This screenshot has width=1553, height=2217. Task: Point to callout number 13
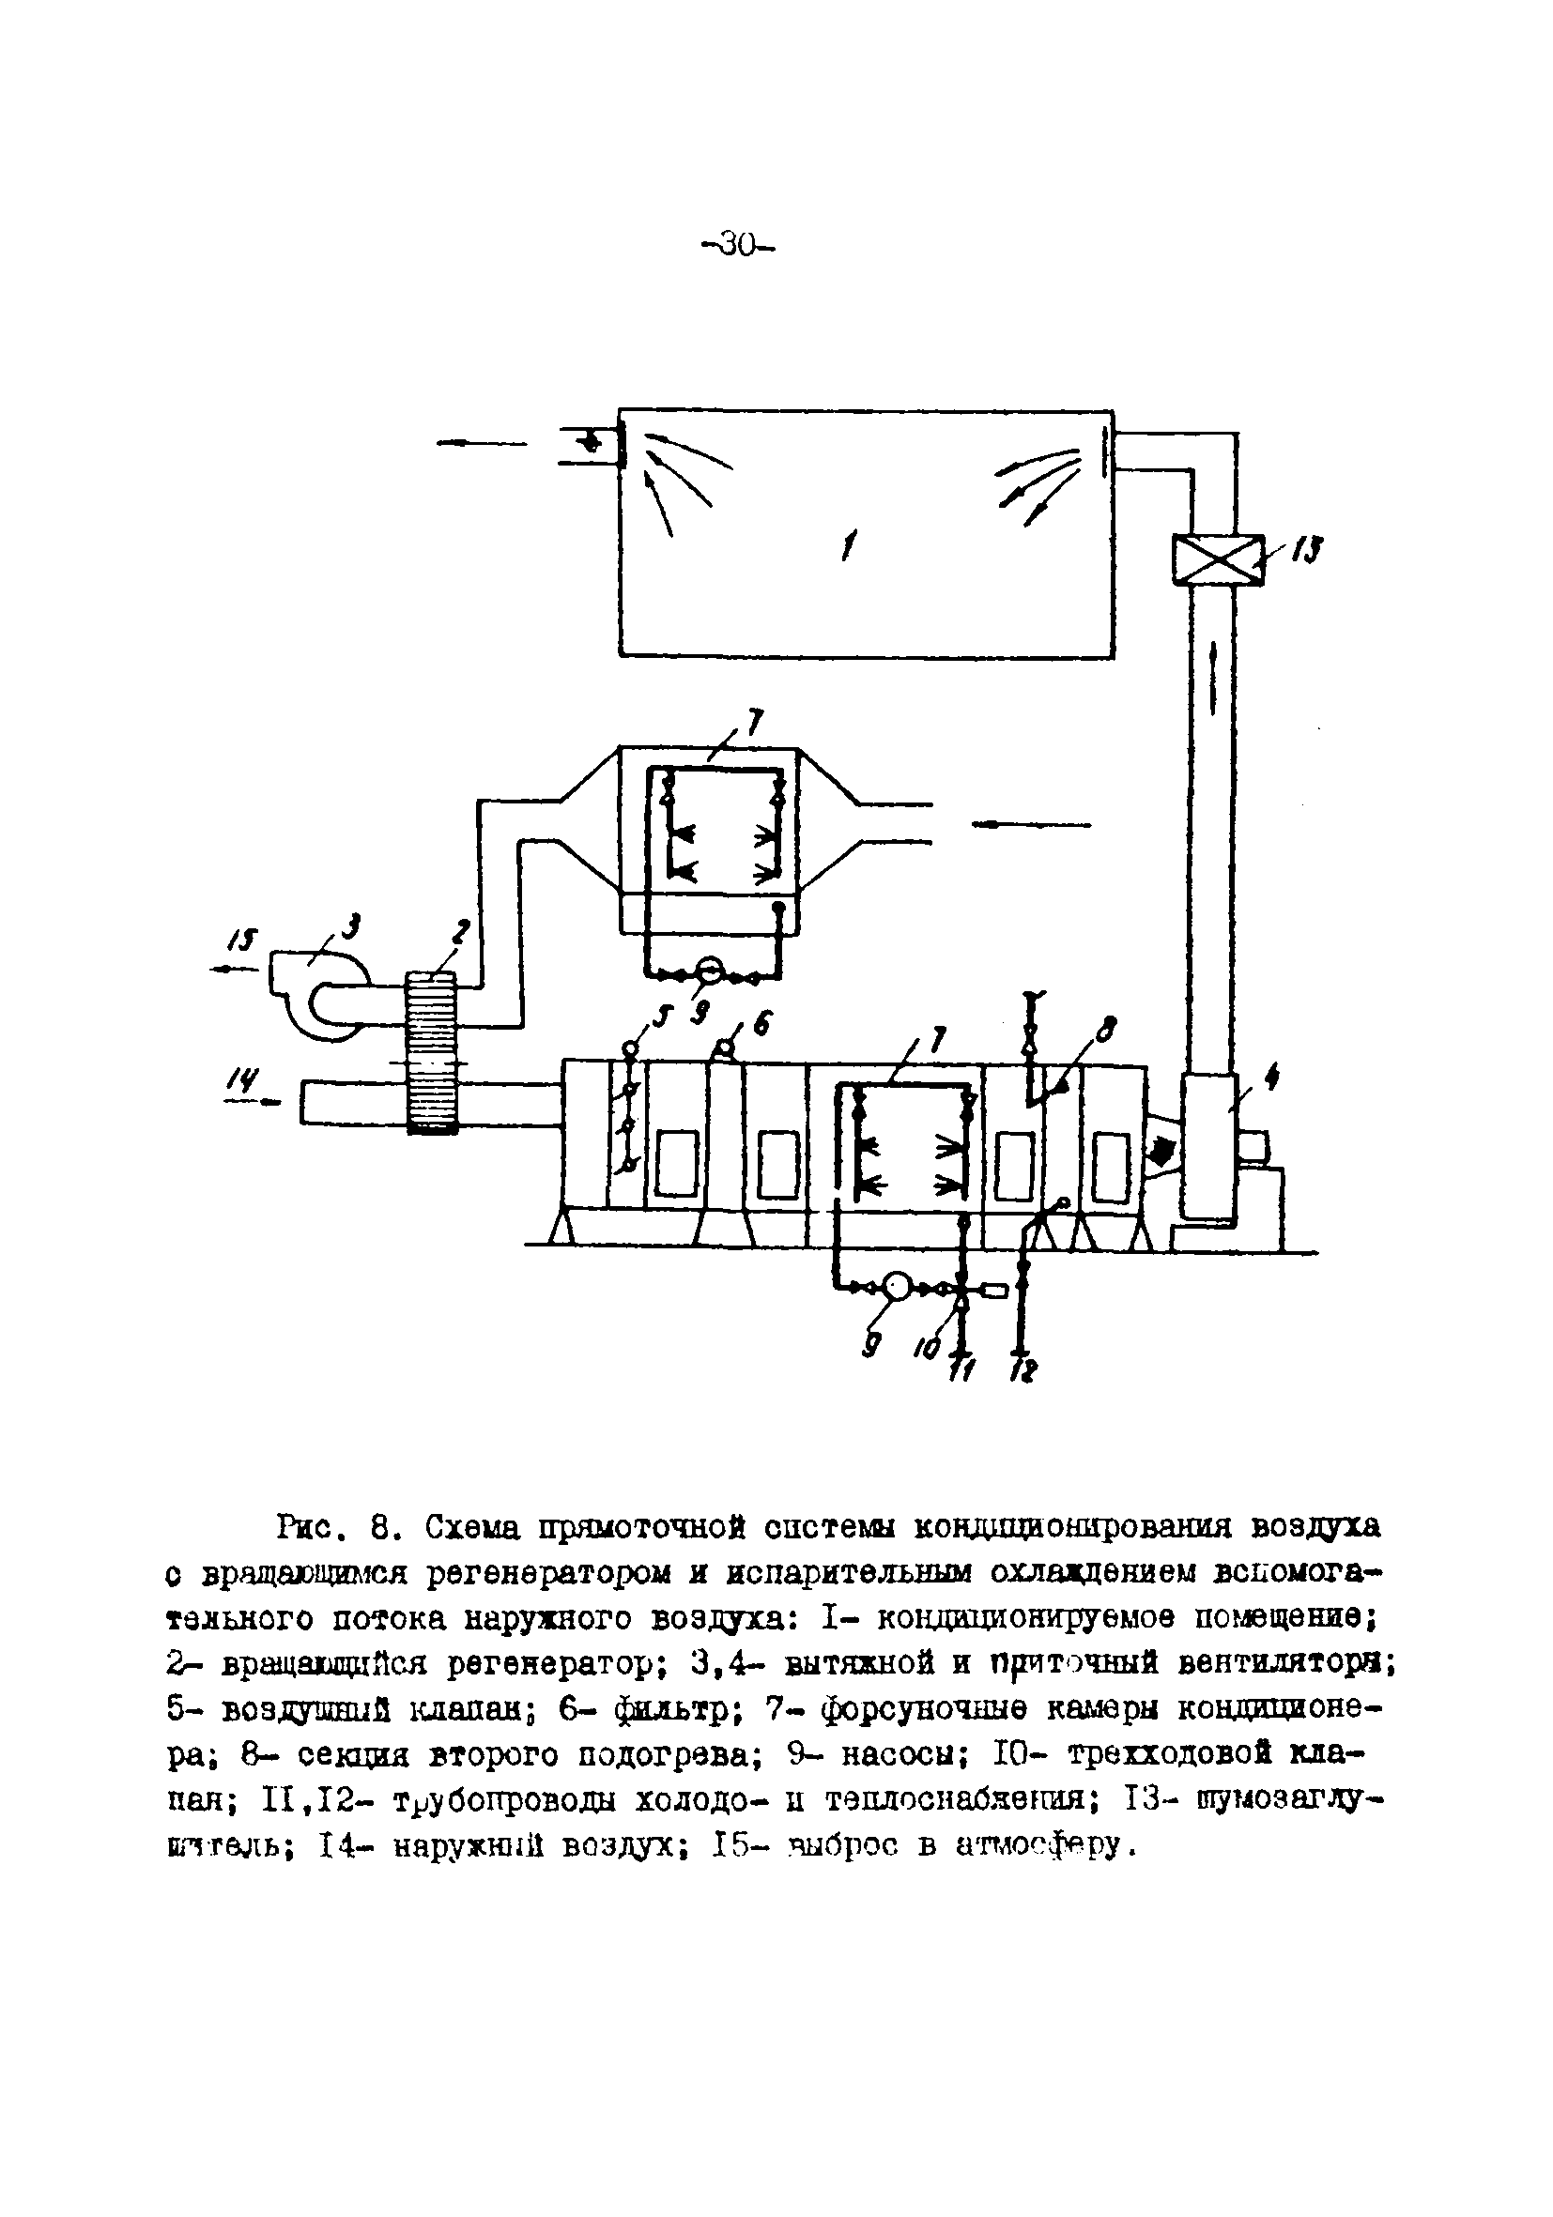(x=1308, y=550)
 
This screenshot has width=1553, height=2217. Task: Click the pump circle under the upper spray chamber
(x=712, y=969)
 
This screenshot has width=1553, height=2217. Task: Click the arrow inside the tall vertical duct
(x=1210, y=676)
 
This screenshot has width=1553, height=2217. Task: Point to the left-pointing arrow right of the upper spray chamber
(x=1031, y=825)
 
